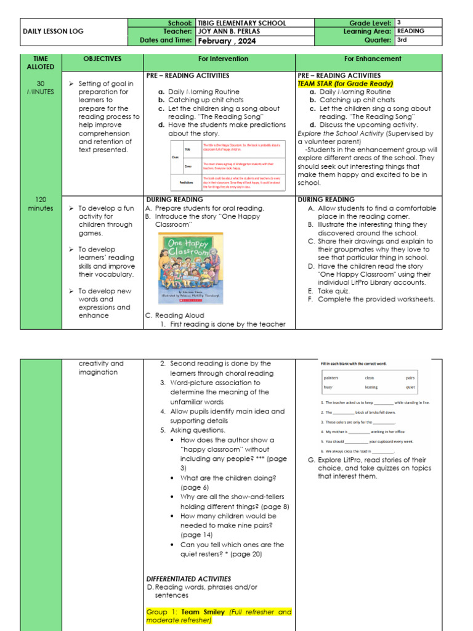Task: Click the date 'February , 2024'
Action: (x=226, y=41)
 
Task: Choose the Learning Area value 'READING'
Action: (x=410, y=31)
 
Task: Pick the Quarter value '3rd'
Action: (x=402, y=40)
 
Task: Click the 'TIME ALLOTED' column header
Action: (x=40, y=63)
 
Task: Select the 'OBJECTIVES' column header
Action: (x=102, y=59)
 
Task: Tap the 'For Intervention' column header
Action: (x=223, y=59)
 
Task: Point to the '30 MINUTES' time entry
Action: (x=40, y=88)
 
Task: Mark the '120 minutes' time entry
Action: (x=40, y=204)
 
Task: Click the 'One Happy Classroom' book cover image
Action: (x=191, y=268)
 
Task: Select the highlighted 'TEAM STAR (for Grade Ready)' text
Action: (x=345, y=83)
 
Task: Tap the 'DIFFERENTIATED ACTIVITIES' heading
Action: (x=188, y=579)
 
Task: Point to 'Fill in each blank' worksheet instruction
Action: (x=353, y=364)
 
